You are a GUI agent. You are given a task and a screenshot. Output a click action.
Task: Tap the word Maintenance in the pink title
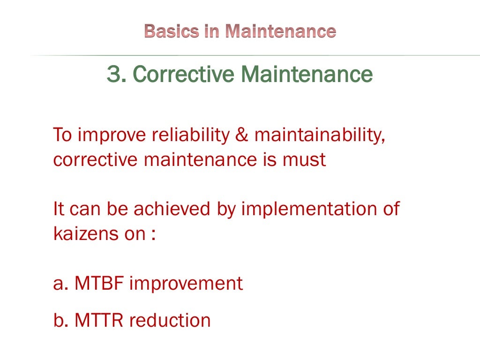281,31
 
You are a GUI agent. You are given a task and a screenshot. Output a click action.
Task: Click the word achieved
172,209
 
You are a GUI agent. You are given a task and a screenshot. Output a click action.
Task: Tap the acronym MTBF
100,284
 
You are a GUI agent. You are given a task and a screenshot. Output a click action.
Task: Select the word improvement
186,284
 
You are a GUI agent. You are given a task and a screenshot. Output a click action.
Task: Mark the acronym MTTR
99,320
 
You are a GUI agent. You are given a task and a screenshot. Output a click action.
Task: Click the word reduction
170,320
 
